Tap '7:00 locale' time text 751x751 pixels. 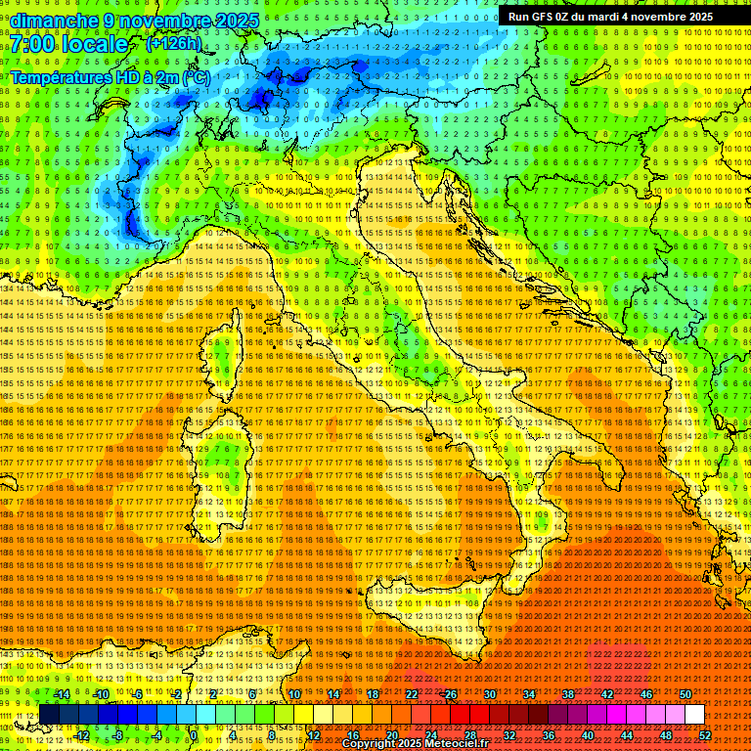68,45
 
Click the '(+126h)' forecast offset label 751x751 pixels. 173,43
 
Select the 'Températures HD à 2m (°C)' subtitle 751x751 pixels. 110,77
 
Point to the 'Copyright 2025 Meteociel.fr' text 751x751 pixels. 421,744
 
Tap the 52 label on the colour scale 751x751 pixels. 705,735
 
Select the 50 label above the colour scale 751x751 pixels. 685,694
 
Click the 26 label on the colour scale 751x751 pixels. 451,694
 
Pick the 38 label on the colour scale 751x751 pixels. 568,694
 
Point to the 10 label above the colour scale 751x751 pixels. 294,694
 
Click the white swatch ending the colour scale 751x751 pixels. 694,715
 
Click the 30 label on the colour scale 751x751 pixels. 490,694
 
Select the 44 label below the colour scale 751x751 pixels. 627,735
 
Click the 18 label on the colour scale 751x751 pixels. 373,694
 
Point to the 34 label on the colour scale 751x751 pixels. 529,694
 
